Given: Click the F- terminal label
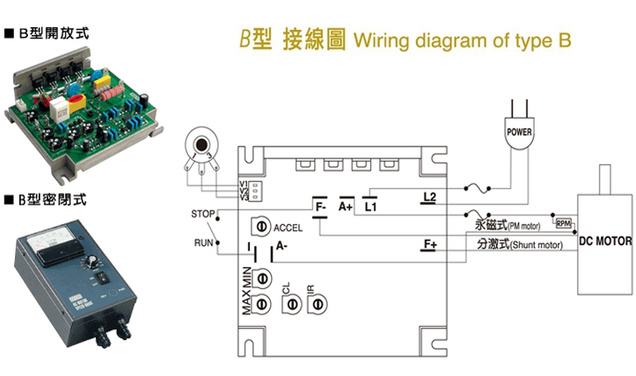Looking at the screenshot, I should point(320,206).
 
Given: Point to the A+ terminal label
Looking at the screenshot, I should point(346,206).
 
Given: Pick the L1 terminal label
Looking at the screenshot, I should point(370,206).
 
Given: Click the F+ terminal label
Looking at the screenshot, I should point(429,243).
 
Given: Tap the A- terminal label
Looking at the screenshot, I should point(282,247).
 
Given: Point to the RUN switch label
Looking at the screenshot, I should point(204,242).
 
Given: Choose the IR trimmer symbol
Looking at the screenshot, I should point(317,303).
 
